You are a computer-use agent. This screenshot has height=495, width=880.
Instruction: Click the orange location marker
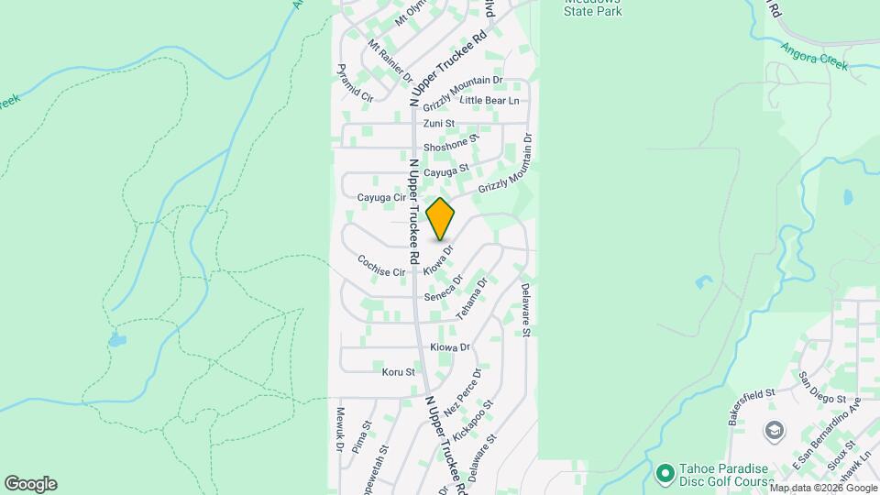pos(441,219)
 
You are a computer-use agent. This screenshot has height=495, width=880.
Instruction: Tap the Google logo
pos(30,484)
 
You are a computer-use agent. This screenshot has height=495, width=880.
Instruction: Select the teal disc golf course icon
pos(665,473)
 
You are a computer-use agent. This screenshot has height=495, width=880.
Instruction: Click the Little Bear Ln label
pos(489,100)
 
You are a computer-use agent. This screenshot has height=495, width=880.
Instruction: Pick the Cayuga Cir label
pos(380,197)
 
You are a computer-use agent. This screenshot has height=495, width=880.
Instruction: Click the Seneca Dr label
pos(445,290)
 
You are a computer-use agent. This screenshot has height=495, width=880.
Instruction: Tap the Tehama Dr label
pos(471,302)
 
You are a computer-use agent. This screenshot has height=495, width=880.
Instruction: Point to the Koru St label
pos(399,372)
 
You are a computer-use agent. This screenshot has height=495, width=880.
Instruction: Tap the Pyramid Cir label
pos(354,82)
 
